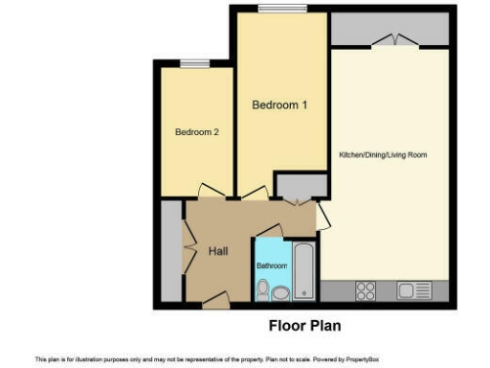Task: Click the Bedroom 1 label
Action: click(278, 105)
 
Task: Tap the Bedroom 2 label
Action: click(198, 132)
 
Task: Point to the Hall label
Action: click(217, 250)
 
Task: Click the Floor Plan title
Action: click(304, 324)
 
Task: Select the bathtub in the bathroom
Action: click(302, 270)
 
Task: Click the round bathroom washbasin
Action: click(280, 293)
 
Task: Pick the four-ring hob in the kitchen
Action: click(365, 290)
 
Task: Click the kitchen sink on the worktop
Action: click(415, 290)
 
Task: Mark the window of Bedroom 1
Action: click(281, 9)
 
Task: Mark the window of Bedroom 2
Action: click(195, 64)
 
